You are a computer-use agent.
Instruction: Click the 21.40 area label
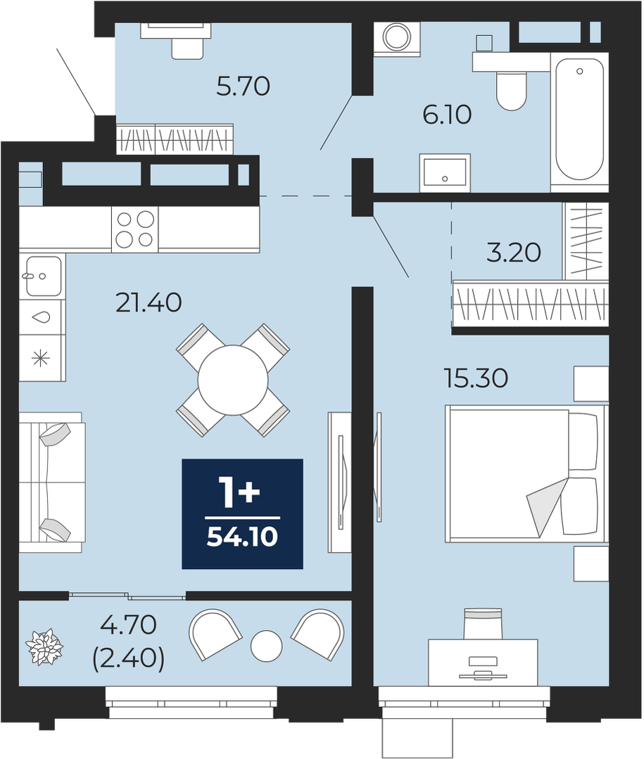[x=149, y=303]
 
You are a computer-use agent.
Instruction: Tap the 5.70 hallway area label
[x=243, y=87]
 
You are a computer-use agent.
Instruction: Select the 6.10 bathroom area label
[x=447, y=115]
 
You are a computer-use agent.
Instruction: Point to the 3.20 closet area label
[x=513, y=253]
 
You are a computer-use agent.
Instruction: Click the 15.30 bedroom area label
[x=476, y=378]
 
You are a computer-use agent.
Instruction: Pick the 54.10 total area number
[x=243, y=536]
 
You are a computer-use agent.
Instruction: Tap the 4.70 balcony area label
[x=128, y=625]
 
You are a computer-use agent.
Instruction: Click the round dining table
[x=233, y=381]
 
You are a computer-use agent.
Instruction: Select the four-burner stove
[x=135, y=229]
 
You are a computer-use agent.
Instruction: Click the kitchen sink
[x=44, y=276]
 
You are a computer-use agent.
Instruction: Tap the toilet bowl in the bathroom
[x=511, y=91]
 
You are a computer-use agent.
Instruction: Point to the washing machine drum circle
[x=397, y=37]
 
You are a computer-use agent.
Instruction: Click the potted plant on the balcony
[x=44, y=647]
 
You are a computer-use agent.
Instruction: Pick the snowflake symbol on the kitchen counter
[x=41, y=359]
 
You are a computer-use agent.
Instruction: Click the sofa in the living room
[x=51, y=482]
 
